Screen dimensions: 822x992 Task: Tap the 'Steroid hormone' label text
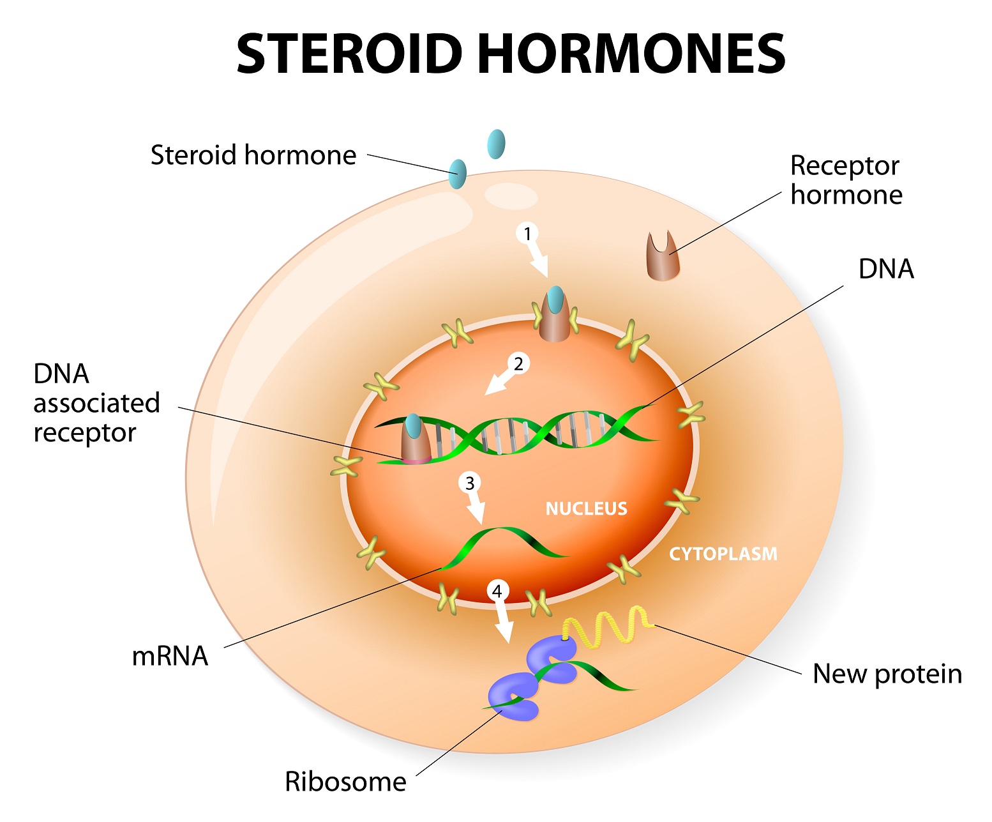pyautogui.click(x=253, y=155)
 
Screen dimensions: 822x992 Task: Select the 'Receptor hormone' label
pyautogui.click(x=845, y=180)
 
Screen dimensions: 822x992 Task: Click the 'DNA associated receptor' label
pyautogui.click(x=96, y=403)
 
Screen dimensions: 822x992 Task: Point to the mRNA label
pyautogui.click(x=170, y=656)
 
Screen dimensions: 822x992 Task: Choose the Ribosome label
pyautogui.click(x=345, y=781)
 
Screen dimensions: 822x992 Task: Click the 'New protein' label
pyautogui.click(x=887, y=674)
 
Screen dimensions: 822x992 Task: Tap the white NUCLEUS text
pyautogui.click(x=586, y=508)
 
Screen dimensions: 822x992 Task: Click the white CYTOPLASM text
pyautogui.click(x=723, y=554)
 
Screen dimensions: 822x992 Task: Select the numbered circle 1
pyautogui.click(x=527, y=234)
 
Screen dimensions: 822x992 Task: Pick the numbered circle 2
pyautogui.click(x=518, y=363)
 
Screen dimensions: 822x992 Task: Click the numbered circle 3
pyautogui.click(x=470, y=483)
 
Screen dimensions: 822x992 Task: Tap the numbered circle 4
pyautogui.click(x=497, y=591)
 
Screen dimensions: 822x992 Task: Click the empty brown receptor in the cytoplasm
pyautogui.click(x=663, y=259)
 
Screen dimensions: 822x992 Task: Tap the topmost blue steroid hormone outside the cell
pyautogui.click(x=496, y=144)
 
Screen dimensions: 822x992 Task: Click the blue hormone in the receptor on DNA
pyautogui.click(x=414, y=426)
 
